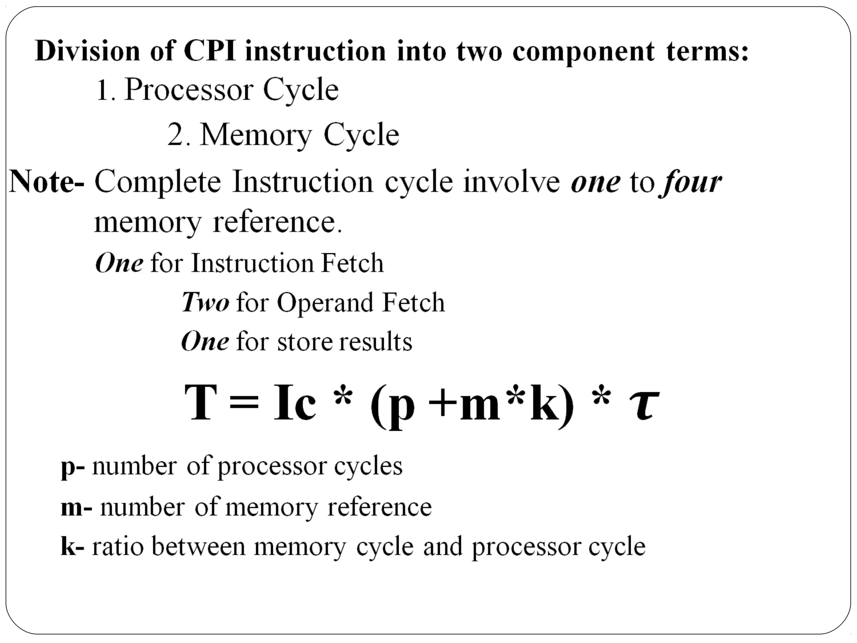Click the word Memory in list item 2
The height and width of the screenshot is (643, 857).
click(256, 135)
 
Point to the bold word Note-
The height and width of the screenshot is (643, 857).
click(46, 181)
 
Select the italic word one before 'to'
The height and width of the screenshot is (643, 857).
click(595, 182)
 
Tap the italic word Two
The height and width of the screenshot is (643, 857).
click(205, 302)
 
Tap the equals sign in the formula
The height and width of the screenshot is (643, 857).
click(244, 403)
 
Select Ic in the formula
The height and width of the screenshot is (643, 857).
click(295, 403)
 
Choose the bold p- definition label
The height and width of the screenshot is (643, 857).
click(72, 466)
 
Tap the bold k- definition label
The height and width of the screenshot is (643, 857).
click(72, 547)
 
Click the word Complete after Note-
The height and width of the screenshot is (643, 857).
click(157, 182)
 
